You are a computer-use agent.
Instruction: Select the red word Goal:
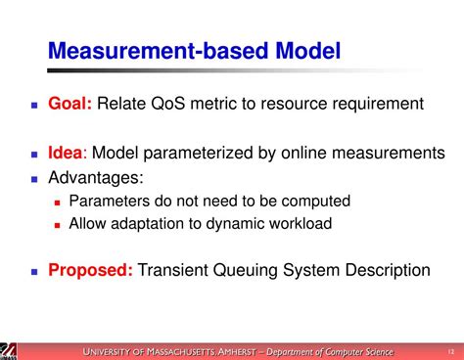[70, 103]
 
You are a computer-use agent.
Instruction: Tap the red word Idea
[67, 154]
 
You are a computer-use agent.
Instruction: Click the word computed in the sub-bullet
[313, 202]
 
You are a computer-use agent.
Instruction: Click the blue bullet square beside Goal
[34, 104]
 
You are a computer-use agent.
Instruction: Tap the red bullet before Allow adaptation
[59, 224]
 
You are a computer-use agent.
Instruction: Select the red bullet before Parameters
[59, 202]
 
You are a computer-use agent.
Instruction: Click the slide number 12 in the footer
[449, 350]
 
